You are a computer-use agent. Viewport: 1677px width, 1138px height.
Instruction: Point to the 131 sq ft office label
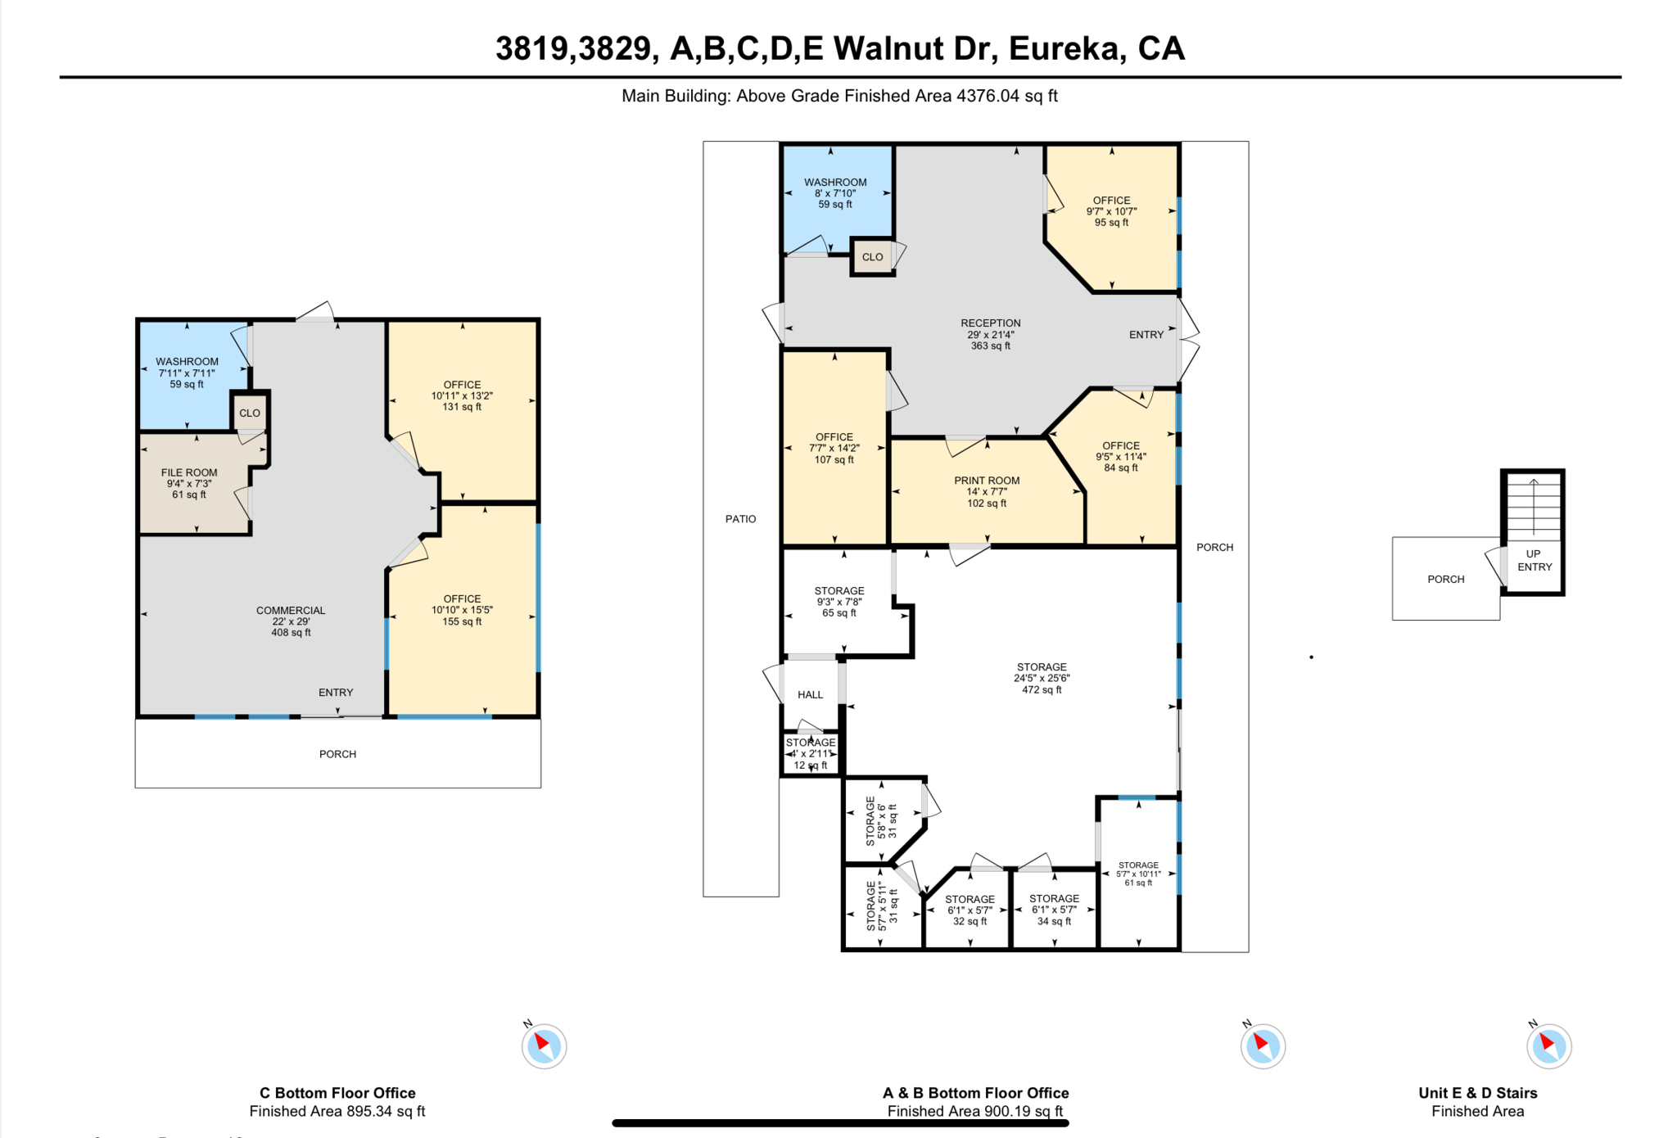[462, 395]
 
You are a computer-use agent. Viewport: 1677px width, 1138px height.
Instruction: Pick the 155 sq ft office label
[462, 610]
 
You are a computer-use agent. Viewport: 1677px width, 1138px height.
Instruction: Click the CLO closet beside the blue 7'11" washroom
[250, 413]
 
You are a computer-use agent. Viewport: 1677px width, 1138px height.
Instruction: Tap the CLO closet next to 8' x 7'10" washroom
[872, 256]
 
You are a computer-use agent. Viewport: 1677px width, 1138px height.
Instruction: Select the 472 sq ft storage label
[1042, 678]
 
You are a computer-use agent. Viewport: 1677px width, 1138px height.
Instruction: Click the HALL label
[810, 694]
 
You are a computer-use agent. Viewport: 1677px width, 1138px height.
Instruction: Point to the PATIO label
[740, 518]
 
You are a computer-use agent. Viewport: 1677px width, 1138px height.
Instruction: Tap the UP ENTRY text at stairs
[1534, 560]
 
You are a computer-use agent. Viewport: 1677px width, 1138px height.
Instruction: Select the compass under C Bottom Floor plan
[544, 1045]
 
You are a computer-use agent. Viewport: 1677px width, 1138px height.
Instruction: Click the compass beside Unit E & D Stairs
[1548, 1045]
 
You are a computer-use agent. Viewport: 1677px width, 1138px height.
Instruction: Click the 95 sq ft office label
[1111, 211]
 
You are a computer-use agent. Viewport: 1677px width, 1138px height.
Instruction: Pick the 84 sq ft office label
[1120, 457]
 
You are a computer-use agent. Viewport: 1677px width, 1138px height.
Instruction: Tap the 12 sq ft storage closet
[811, 754]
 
